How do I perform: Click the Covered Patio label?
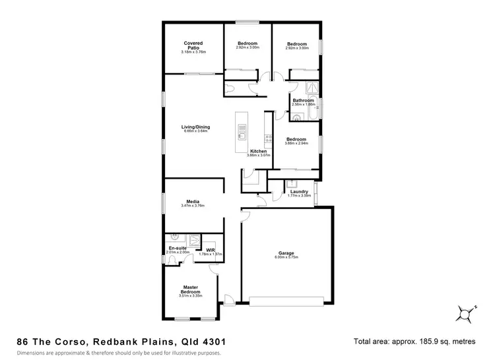point(193,45)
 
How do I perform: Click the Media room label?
point(193,201)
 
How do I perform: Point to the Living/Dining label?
point(195,126)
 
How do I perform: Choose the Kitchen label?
point(258,151)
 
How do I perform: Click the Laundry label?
point(299,192)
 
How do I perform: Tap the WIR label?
point(211,250)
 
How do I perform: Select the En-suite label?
point(178,248)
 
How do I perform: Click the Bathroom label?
point(304,100)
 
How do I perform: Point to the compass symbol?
point(466,313)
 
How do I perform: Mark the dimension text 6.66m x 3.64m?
point(195,131)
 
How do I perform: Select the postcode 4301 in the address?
point(213,342)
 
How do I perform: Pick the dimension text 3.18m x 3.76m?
point(193,51)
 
